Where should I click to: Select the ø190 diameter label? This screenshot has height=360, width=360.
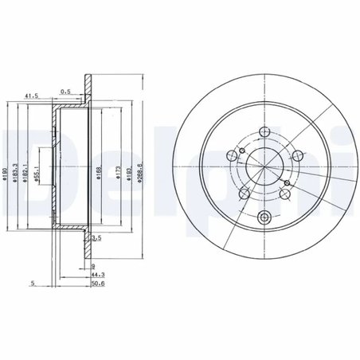[x=6, y=176]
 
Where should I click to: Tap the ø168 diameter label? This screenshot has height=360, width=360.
[x=100, y=176]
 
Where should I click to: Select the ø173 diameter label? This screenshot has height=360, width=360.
[x=117, y=176]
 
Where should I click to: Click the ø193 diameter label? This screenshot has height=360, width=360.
[x=129, y=176]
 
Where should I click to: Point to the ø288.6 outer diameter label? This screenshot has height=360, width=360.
[x=140, y=176]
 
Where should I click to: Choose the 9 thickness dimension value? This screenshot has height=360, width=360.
[x=93, y=267]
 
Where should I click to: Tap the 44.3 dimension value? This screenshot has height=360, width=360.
[x=97, y=275]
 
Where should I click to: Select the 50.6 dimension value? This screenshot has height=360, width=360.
[x=97, y=283]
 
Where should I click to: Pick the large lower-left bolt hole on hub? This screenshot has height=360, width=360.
[x=237, y=192]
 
